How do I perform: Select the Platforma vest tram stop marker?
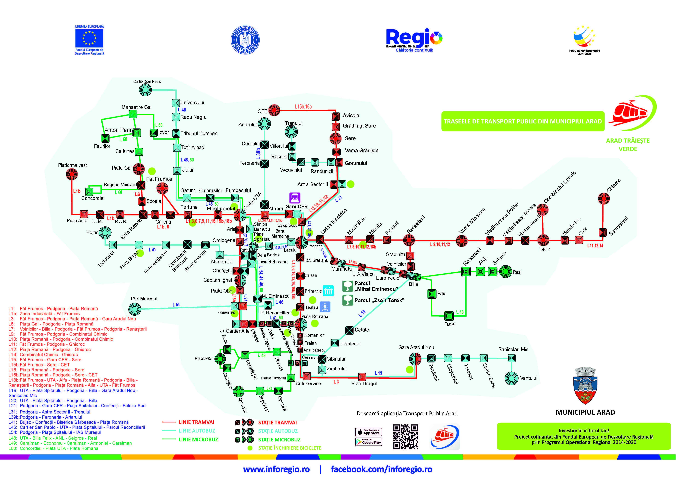coord(72,174)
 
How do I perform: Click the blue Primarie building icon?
coord(328,291)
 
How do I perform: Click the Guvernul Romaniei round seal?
coord(245,40)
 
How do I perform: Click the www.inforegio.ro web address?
coord(276,469)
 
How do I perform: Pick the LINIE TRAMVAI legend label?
coord(196,422)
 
